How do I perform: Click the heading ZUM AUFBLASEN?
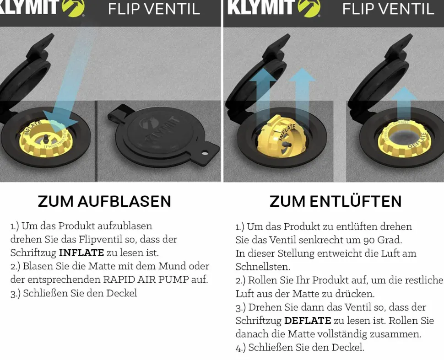point(104,201)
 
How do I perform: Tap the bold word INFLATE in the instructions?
point(81,253)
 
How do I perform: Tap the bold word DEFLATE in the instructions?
point(308,320)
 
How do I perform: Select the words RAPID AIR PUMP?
point(146,279)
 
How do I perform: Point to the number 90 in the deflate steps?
point(369,240)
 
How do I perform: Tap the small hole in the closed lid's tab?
point(205,153)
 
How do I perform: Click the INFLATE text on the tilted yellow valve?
point(287,132)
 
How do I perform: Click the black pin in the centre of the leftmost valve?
point(45,138)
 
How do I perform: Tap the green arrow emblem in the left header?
point(73,8)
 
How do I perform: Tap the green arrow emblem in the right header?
point(309,8)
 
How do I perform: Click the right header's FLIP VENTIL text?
point(388,9)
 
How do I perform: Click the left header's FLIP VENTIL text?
point(154,9)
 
